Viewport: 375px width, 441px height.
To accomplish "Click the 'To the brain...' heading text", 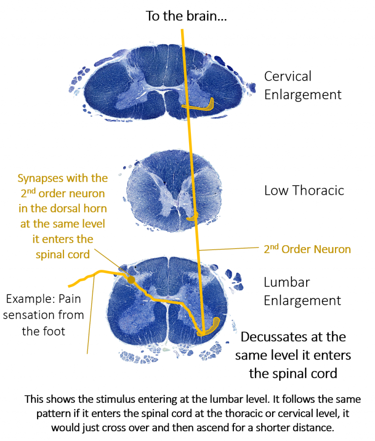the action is (x=186, y=16).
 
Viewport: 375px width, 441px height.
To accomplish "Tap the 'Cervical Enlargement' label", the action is (x=303, y=85).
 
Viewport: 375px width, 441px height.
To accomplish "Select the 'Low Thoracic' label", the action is (x=304, y=190).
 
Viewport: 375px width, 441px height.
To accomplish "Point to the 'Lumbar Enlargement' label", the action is (x=302, y=292).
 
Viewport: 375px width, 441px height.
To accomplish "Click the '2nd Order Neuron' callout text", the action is (x=307, y=249).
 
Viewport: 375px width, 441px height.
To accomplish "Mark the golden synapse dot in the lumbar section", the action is (x=131, y=279).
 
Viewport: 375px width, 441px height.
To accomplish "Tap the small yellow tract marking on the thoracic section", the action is (x=193, y=216).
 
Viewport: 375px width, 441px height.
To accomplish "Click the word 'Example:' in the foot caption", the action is (x=27, y=299).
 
